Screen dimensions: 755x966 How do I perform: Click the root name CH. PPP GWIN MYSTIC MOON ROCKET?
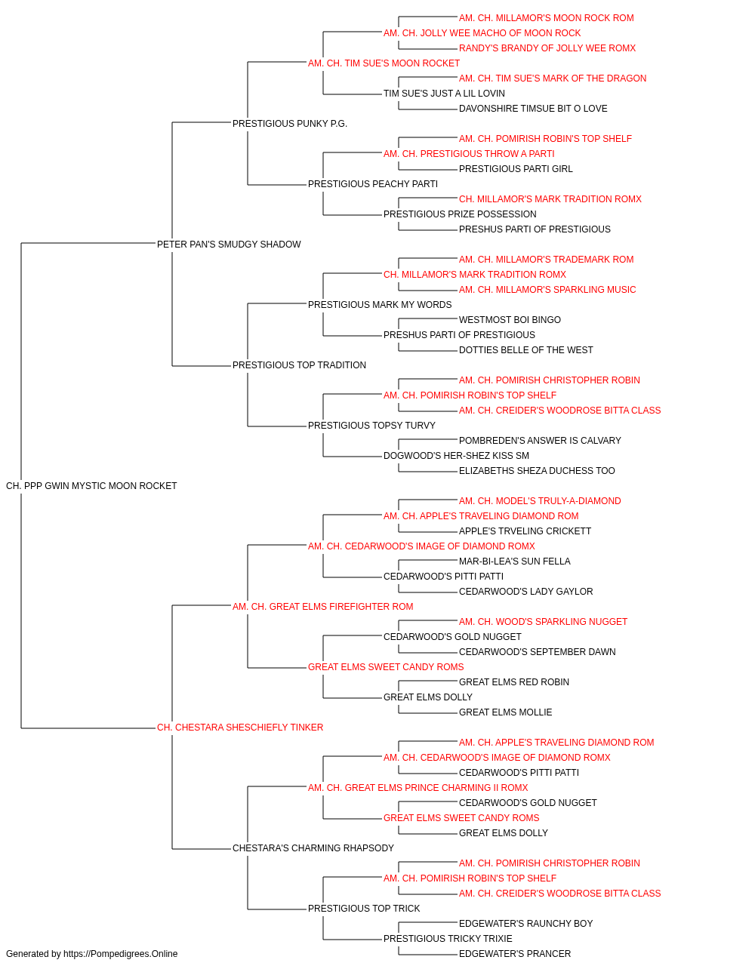pos(91,486)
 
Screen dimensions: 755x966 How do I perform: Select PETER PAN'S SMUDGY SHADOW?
pos(229,245)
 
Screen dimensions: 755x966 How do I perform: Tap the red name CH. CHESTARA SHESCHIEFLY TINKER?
pos(239,728)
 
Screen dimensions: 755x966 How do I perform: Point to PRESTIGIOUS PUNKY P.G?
pos(289,124)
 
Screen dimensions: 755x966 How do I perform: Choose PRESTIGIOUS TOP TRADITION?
pos(299,365)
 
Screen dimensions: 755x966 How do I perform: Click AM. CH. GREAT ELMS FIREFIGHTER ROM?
pos(322,607)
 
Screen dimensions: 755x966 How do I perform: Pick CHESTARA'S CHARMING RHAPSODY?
pos(313,848)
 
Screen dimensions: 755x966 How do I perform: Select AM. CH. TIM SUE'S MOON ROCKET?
pos(384,63)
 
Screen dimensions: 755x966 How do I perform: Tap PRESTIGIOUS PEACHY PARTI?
pos(373,184)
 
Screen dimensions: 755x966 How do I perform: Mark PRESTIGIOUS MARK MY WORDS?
pos(380,305)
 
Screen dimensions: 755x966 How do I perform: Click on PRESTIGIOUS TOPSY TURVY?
pos(371,426)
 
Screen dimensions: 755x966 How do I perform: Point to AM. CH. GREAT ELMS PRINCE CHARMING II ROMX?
pos(418,788)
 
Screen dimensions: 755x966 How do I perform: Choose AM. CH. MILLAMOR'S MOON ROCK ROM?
pos(546,18)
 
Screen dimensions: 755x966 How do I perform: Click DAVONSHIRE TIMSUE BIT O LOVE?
pos(533,109)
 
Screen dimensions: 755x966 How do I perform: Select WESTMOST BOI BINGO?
pos(510,320)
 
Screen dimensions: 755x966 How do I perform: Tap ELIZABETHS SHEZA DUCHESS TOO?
pos(537,471)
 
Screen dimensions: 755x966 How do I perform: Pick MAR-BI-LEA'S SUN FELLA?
pos(514,561)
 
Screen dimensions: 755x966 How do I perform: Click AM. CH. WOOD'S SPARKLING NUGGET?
pos(543,622)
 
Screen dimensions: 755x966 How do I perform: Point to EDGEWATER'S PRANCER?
pos(514,954)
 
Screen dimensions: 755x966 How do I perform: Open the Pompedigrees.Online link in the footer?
pos(121,954)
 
